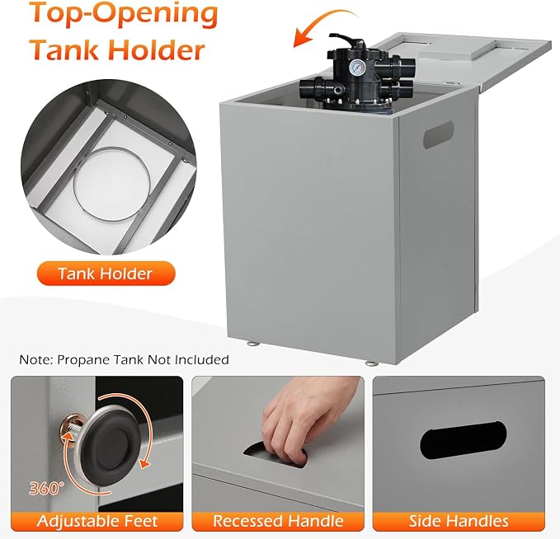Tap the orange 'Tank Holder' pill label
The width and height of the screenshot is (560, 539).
pyautogui.click(x=106, y=274)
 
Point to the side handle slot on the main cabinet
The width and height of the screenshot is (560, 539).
pyautogui.click(x=438, y=134)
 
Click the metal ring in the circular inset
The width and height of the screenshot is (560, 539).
pyautogui.click(x=111, y=184)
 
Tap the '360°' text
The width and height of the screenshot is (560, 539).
pyautogui.click(x=46, y=488)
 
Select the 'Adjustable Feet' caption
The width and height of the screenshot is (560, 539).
pyautogui.click(x=97, y=521)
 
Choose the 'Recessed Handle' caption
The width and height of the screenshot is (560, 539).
pyautogui.click(x=278, y=521)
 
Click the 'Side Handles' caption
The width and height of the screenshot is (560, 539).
pyautogui.click(x=459, y=521)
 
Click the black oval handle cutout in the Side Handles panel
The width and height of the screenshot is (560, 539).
pyautogui.click(x=464, y=440)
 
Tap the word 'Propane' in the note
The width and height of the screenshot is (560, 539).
pyautogui.click(x=84, y=360)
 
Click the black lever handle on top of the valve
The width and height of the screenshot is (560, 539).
pyautogui.click(x=344, y=42)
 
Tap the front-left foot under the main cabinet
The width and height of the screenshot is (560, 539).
pyautogui.click(x=254, y=344)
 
